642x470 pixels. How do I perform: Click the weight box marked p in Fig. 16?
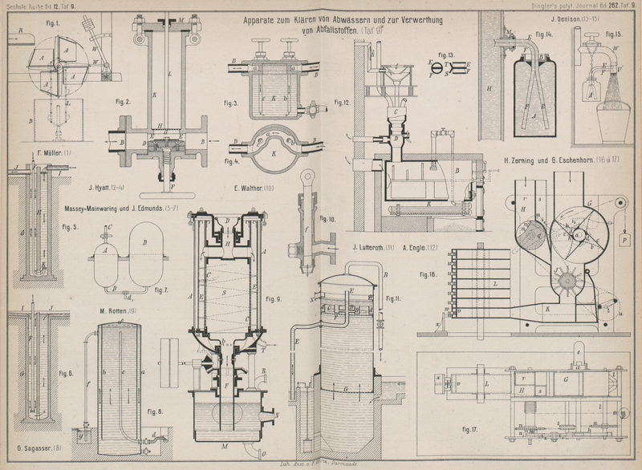[x=623, y=239]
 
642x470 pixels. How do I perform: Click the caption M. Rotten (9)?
[x=120, y=311]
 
